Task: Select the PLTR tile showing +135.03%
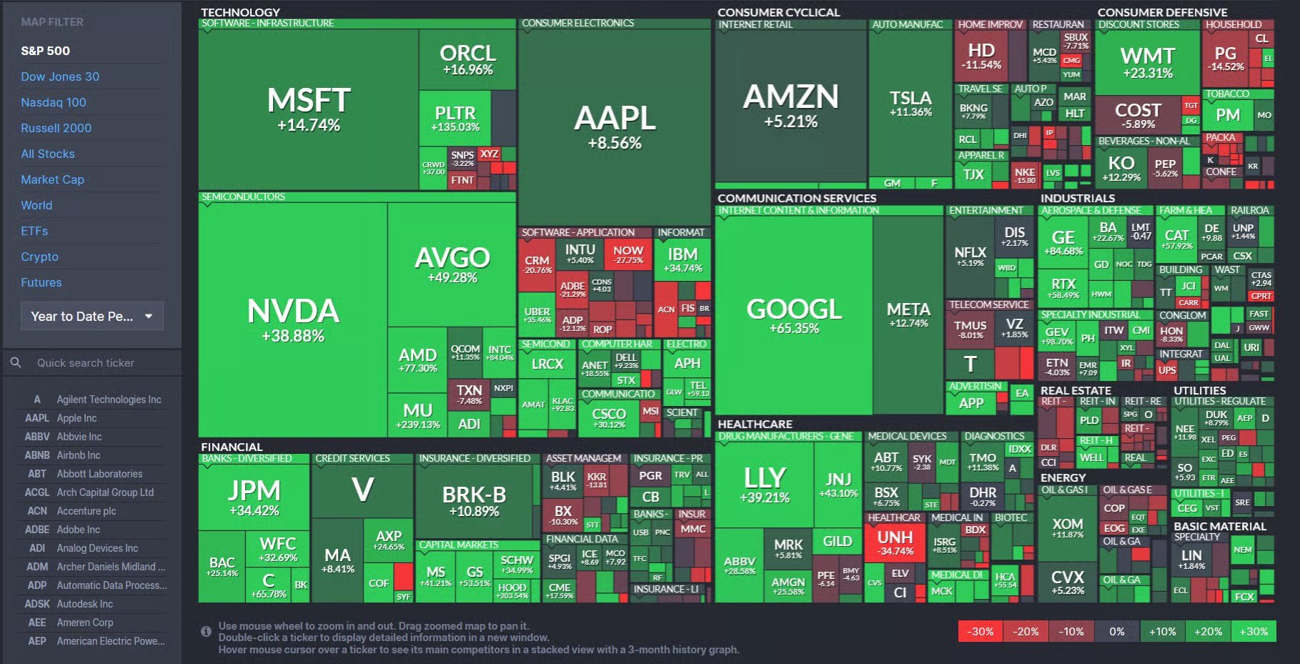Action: pyautogui.click(x=455, y=118)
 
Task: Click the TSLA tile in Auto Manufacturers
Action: pyautogui.click(x=911, y=103)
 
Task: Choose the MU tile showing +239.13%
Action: pyautogui.click(x=417, y=415)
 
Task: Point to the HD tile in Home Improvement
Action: pyautogui.click(x=981, y=56)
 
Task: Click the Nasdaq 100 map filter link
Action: pyautogui.click(x=54, y=102)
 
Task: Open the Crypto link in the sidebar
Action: pyautogui.click(x=40, y=257)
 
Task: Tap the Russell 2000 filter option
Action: pyautogui.click(x=56, y=128)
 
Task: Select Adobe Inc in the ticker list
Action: pyautogui.click(x=79, y=530)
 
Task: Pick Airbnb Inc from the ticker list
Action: pyautogui.click(x=79, y=455)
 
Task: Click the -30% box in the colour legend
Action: pyautogui.click(x=980, y=631)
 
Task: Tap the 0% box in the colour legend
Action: pyautogui.click(x=1116, y=631)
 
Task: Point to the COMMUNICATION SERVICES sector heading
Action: pyautogui.click(x=796, y=198)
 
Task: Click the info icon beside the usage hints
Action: pyautogui.click(x=206, y=631)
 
